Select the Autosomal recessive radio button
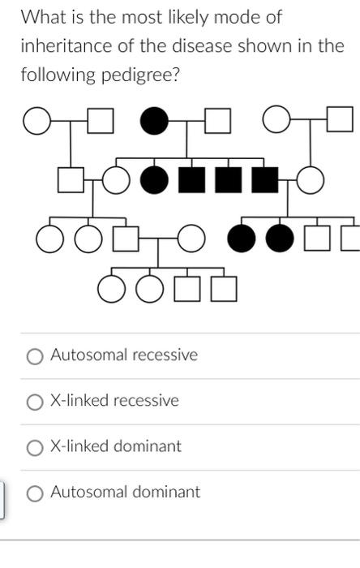(35, 356)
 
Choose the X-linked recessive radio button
(35, 402)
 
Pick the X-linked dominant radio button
(35, 447)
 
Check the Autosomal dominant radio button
(35, 493)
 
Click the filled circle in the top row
(153, 122)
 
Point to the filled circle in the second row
(154, 180)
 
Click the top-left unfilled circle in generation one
(36, 122)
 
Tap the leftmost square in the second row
(71, 180)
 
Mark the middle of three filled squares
(228, 180)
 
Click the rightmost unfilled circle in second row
(311, 180)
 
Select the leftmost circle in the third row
(49, 239)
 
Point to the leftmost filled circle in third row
(241, 239)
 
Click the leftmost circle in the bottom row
(111, 288)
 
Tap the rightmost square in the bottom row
(225, 288)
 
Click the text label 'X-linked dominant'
(116, 446)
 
